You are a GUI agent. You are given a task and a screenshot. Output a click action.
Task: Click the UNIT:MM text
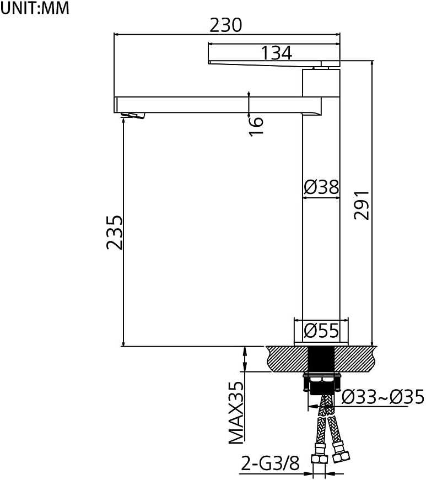coord(35,8)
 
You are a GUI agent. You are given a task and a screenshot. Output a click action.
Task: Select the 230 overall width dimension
coord(226,25)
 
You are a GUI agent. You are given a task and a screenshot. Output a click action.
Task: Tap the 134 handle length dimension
coord(276,53)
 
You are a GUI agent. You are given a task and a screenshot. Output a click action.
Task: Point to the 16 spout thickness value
coord(256,126)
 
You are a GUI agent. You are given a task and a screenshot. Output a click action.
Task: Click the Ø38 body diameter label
coord(321,187)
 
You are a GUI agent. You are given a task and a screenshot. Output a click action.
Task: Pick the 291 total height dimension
coord(362,205)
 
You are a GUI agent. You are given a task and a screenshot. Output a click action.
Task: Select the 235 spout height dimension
coord(115,233)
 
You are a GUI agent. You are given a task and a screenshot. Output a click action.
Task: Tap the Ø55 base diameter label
coord(321,331)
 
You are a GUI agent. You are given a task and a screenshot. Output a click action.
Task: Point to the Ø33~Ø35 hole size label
coord(383,397)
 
